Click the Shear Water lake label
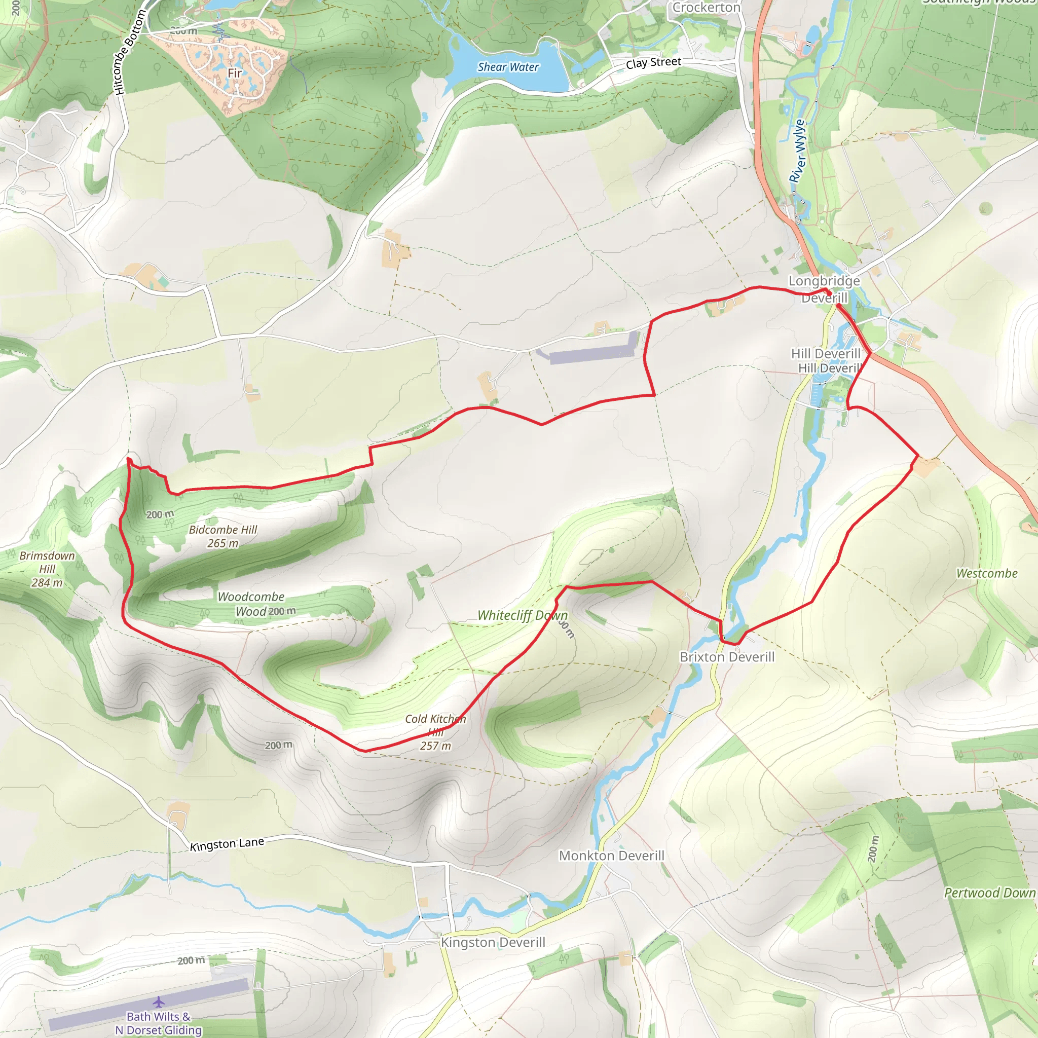pyautogui.click(x=508, y=67)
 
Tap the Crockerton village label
pyautogui.click(x=706, y=8)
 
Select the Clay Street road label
pyautogui.click(x=653, y=63)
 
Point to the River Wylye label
pyautogui.click(x=798, y=151)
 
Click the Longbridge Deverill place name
pyautogui.click(x=824, y=289)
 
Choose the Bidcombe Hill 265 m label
pyautogui.click(x=223, y=536)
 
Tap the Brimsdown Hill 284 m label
pyautogui.click(x=47, y=569)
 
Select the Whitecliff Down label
pyautogui.click(x=522, y=615)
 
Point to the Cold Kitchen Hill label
pyautogui.click(x=436, y=732)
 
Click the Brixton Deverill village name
pyautogui.click(x=727, y=657)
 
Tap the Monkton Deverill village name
pyautogui.click(x=611, y=856)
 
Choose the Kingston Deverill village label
pyautogui.click(x=493, y=942)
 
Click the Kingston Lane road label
pyautogui.click(x=227, y=844)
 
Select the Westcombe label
pyautogui.click(x=987, y=573)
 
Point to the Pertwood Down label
pyautogui.click(x=990, y=893)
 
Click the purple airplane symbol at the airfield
pyautogui.click(x=159, y=1002)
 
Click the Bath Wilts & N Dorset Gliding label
pyautogui.click(x=159, y=1023)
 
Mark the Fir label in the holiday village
pyautogui.click(x=235, y=72)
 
